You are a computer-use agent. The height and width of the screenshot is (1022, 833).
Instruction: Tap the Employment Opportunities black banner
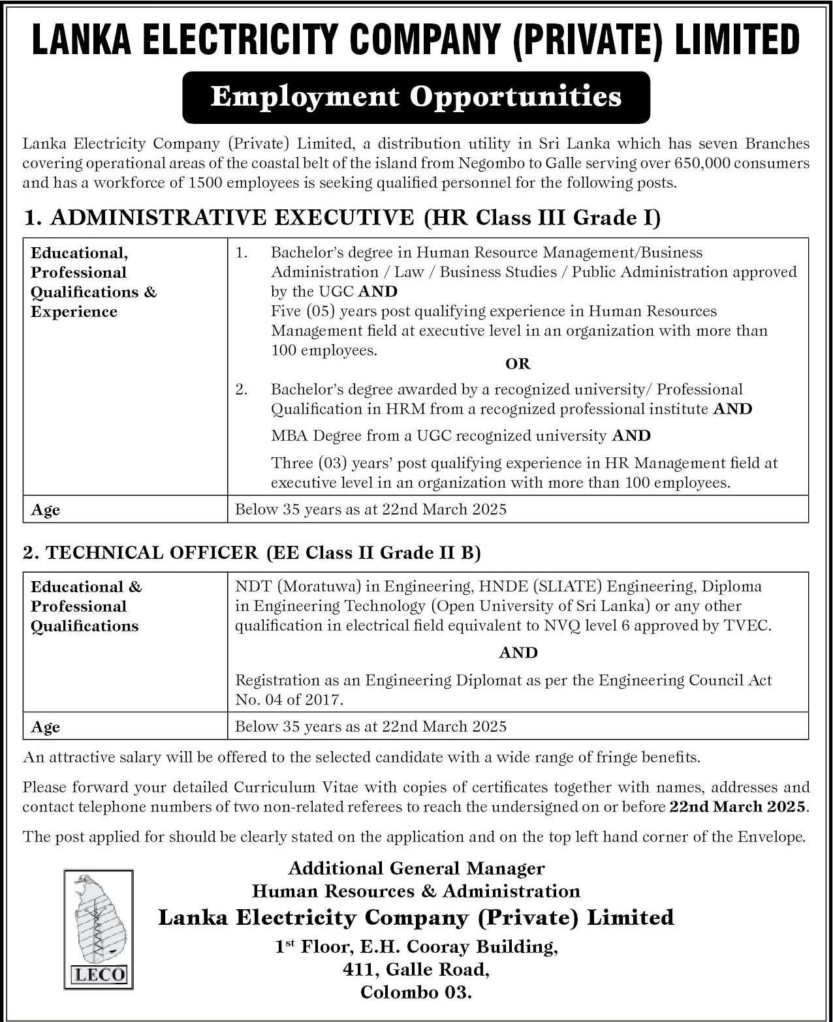coord(416,97)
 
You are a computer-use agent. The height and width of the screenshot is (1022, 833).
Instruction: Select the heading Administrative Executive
coord(232,218)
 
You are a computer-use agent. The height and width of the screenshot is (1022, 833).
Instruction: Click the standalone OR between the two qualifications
coord(518,364)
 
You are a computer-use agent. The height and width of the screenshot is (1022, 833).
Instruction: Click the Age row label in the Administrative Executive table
coord(46,510)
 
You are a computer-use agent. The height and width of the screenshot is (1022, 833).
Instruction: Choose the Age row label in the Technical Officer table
coord(46,727)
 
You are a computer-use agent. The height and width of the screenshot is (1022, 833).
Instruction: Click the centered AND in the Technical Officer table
coord(518,653)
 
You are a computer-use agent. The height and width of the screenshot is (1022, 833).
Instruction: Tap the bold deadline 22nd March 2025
coord(738,807)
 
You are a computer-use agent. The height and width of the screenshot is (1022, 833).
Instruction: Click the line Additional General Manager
coord(417,869)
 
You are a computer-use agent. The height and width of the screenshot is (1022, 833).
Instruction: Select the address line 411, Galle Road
coord(417,970)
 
